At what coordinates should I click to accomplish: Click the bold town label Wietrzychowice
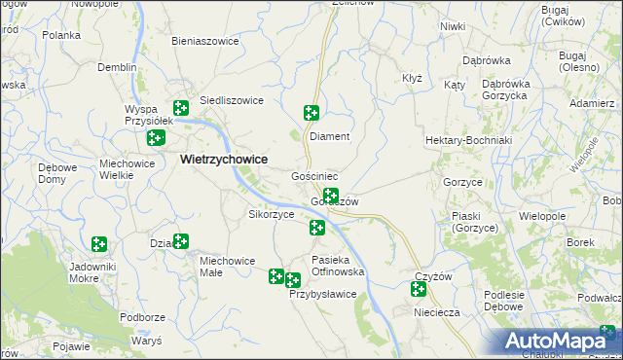click(x=224, y=160)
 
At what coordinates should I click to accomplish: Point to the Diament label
click(x=329, y=137)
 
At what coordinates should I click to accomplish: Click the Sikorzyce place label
click(x=272, y=214)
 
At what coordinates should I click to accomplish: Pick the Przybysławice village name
click(x=323, y=295)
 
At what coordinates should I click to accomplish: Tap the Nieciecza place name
click(x=434, y=313)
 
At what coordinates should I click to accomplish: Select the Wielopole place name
click(x=543, y=215)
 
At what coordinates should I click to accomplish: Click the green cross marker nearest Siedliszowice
click(x=181, y=108)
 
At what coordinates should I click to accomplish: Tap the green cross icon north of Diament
click(x=311, y=112)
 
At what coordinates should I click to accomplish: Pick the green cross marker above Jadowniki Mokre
click(x=98, y=243)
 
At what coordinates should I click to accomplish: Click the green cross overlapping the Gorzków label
click(x=331, y=196)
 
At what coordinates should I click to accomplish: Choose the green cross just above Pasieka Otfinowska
click(x=317, y=228)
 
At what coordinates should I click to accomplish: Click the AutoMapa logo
click(x=564, y=341)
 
